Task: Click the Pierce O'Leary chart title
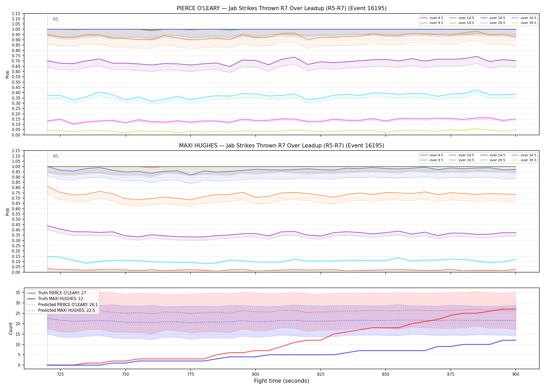click(282, 8)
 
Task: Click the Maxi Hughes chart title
click(282, 146)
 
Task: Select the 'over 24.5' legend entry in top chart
click(493, 18)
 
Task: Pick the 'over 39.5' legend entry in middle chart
click(524, 160)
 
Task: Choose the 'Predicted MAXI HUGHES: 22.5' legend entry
click(61, 310)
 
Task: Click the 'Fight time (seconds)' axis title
click(282, 381)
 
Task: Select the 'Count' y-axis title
click(11, 328)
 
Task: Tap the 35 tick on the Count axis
click(18, 292)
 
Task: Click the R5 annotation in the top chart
click(56, 19)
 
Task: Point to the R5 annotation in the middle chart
click(56, 156)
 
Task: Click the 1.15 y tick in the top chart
click(16, 14)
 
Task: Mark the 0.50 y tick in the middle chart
click(16, 219)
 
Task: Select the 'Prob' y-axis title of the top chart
click(8, 74)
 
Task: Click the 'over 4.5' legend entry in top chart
click(432, 18)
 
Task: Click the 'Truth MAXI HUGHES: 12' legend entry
click(55, 299)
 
